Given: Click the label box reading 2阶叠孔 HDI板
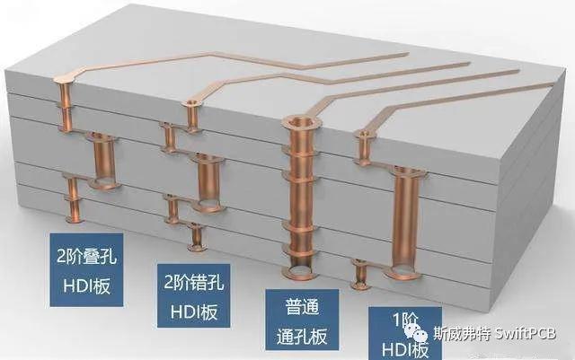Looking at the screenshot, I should [85, 269].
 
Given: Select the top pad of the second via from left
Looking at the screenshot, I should [190, 105].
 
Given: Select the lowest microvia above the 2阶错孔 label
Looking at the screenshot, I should [196, 238].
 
